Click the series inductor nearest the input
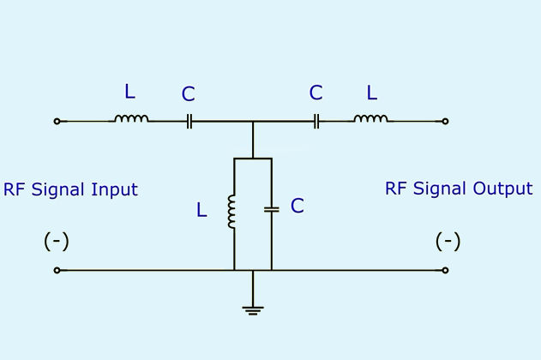(x=131, y=118)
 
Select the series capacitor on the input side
(x=189, y=122)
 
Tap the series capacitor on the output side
(x=316, y=122)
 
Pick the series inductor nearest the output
(x=371, y=118)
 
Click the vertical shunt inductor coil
(x=231, y=212)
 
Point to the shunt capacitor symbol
(x=272, y=209)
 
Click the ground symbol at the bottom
(x=253, y=310)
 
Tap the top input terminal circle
(x=57, y=122)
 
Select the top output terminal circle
(x=446, y=122)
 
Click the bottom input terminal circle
(x=57, y=270)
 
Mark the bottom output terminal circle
(x=446, y=270)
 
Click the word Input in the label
(x=115, y=190)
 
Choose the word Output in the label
(x=502, y=189)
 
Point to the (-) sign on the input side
(x=57, y=241)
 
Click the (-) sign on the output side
(x=448, y=241)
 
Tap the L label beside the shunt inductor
(x=201, y=210)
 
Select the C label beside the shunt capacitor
(x=298, y=206)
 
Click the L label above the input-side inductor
(x=129, y=92)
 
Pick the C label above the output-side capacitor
(x=316, y=93)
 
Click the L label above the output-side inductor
(x=372, y=93)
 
